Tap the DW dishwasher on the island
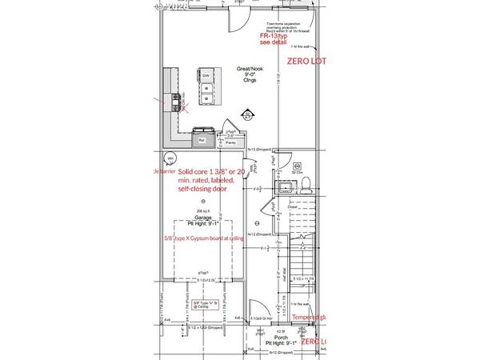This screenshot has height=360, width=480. pyautogui.click(x=206, y=77)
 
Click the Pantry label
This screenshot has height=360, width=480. pyautogui.click(x=230, y=142)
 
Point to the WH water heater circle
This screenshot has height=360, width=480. pyautogui.click(x=170, y=158)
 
